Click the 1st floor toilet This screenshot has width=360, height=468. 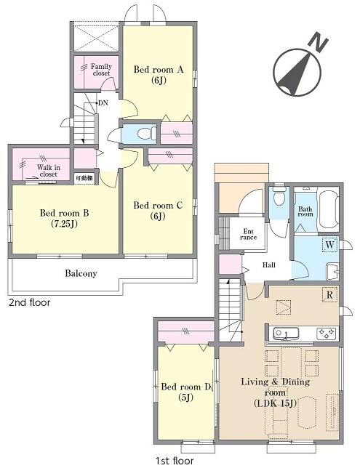tap(279, 196)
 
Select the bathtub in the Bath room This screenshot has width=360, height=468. tap(328, 209)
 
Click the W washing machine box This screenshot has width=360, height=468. tap(330, 245)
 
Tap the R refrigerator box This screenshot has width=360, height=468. tap(329, 295)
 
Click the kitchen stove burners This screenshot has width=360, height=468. tap(327, 334)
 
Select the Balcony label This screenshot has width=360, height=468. tap(81, 273)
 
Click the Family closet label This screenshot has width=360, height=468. tap(101, 70)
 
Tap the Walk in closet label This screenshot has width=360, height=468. tap(49, 171)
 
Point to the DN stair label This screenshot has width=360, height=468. tap(103, 103)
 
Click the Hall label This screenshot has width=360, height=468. tap(269, 265)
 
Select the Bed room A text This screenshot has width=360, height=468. tap(159, 70)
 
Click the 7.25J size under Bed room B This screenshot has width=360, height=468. tap(64, 224)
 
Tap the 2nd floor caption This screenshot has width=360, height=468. tap(29, 302)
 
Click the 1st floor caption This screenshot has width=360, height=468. tap(175, 461)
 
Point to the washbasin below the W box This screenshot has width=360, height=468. tap(332, 271)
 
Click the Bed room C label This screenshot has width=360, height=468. tap(158, 206)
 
